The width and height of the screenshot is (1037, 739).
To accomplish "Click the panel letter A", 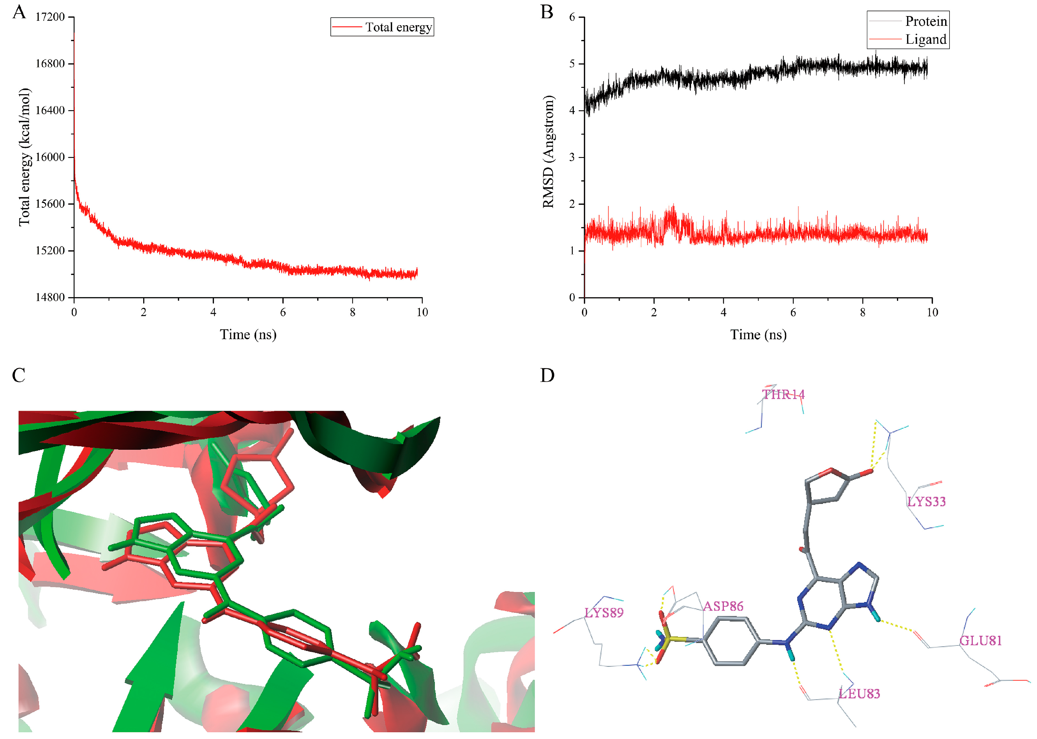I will pos(19,12).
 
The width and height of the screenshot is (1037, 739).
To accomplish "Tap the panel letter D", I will pos(547,375).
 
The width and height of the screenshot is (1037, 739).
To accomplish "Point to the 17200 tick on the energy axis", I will pos(50,17).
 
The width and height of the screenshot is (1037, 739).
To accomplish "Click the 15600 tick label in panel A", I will pos(50,204).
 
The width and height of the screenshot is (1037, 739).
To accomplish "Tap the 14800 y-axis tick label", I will pos(50,297).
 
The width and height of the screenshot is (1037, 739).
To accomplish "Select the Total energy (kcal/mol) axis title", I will pos(24,157).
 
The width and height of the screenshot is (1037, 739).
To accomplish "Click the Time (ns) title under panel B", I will pos(758,335).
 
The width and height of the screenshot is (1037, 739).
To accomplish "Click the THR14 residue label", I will pos(783,395).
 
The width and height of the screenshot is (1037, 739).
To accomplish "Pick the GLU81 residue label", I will pos(981,641).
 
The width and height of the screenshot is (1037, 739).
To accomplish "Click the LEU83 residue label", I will pos(859,694).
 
